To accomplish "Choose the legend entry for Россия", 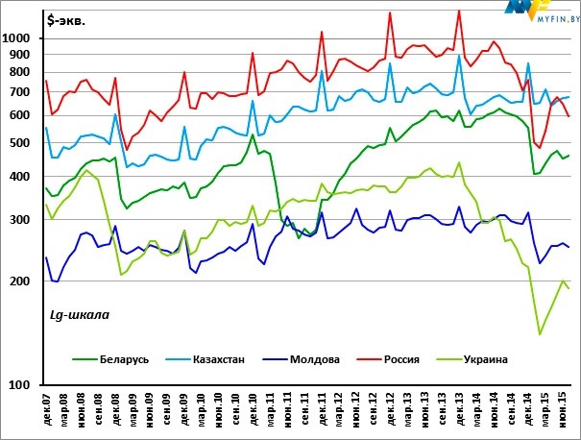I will pyautogui.click(x=400, y=360).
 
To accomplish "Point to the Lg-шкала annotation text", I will pyautogui.click(x=79, y=314).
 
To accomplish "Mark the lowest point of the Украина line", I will pyautogui.click(x=540, y=334).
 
